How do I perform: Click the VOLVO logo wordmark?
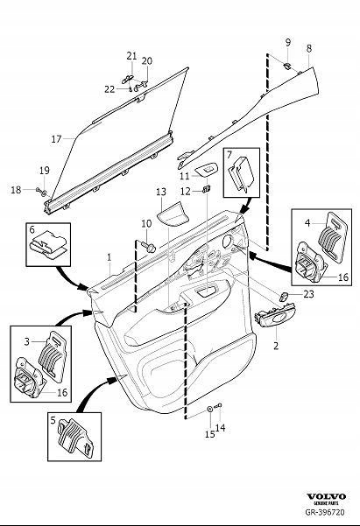coord(326,496)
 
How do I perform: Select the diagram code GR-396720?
coord(325,512)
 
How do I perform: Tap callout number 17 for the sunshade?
coord(56,138)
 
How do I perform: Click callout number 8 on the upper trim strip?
coord(309,48)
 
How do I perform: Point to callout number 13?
coord(161,192)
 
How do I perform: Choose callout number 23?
coord(308,294)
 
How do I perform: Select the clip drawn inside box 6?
coord(46,245)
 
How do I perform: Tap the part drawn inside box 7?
coord(241,175)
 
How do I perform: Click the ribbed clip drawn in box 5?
coord(76,437)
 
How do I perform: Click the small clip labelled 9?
coord(287,65)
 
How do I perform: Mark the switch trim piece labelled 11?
coord(206,170)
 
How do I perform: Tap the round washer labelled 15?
coord(209,409)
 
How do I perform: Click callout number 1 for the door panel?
coord(109,257)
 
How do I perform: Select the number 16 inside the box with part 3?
coord(62,392)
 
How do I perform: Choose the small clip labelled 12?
coord(206,190)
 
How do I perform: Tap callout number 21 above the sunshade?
coord(131,56)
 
